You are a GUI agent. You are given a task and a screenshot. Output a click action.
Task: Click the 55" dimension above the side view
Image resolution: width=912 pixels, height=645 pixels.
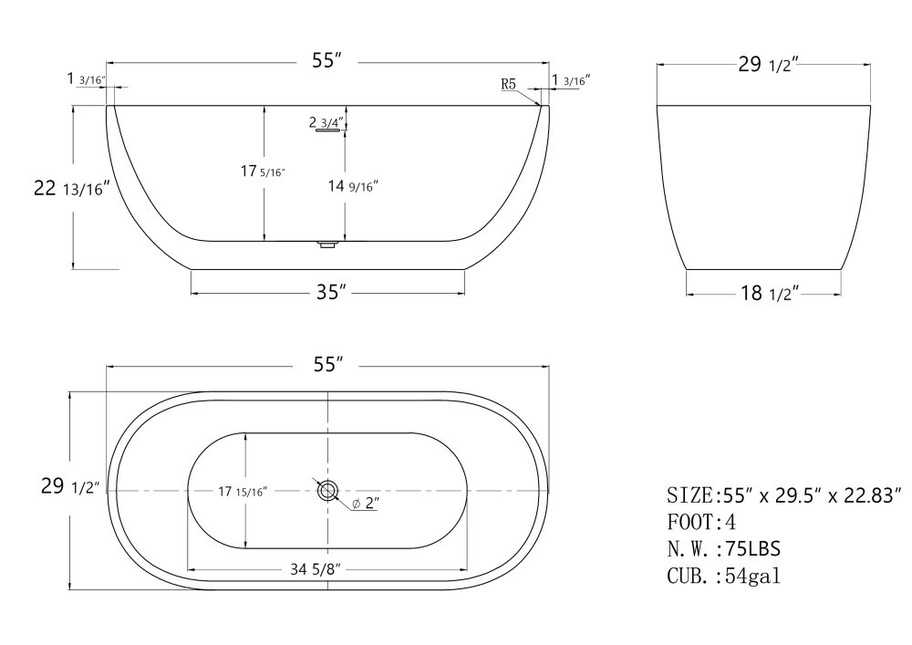tap(326, 62)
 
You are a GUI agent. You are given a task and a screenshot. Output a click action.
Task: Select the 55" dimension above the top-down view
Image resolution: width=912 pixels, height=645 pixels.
tap(326, 364)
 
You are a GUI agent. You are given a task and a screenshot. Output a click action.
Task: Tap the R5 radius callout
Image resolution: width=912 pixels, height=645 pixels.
tap(509, 84)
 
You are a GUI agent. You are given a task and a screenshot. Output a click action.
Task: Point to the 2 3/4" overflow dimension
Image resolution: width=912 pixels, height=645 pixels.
tap(326, 121)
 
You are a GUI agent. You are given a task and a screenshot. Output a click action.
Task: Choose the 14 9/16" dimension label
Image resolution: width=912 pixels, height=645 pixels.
tap(353, 186)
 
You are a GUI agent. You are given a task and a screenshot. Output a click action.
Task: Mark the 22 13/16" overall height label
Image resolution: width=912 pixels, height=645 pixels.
tap(72, 189)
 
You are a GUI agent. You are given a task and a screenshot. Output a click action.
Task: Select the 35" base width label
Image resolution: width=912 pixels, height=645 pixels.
tap(328, 293)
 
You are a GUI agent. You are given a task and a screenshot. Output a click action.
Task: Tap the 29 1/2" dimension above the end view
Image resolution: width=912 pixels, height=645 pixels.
tap(768, 64)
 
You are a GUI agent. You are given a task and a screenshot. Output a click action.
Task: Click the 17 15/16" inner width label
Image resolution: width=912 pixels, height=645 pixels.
tap(242, 492)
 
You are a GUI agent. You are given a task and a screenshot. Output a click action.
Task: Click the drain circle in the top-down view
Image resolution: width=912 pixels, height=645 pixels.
tap(326, 491)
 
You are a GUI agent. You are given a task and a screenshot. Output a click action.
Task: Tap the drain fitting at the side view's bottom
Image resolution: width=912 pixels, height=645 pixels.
tap(326, 244)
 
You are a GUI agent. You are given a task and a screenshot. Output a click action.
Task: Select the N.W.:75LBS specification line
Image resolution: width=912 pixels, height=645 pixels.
tap(723, 549)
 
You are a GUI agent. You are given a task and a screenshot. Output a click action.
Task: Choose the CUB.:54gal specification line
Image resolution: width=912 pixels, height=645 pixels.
tap(722, 576)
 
